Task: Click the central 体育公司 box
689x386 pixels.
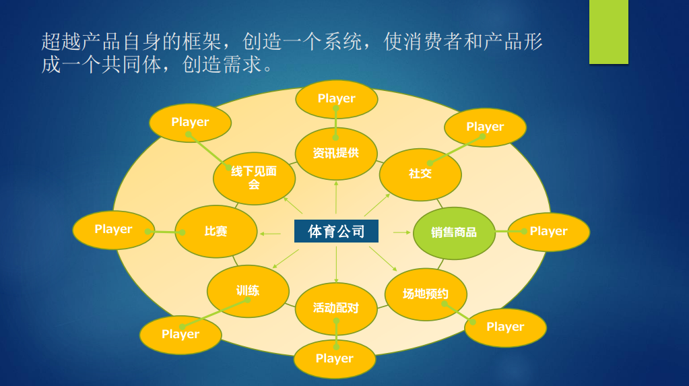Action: [x=336, y=231]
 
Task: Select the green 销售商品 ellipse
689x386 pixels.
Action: [x=454, y=232]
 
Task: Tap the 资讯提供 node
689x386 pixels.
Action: [x=336, y=153]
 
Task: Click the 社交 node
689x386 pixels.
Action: [x=420, y=174]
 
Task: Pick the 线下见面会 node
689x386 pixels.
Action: [x=254, y=178]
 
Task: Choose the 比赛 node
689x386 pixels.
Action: [x=216, y=231]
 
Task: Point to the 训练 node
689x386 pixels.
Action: [x=248, y=291]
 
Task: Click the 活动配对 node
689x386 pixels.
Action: [x=336, y=309]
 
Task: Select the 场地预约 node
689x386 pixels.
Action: [x=426, y=294]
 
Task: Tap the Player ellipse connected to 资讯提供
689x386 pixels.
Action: [x=336, y=98]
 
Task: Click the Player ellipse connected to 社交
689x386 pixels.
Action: [x=485, y=127]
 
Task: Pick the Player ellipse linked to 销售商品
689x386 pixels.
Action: [x=548, y=231]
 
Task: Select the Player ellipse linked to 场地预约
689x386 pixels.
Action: [x=505, y=327]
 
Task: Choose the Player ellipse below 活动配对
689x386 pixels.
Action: [x=335, y=359]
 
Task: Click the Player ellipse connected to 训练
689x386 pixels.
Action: [x=181, y=334]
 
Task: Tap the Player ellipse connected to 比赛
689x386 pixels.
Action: [x=113, y=229]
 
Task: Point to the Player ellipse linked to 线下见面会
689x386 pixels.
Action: [x=190, y=122]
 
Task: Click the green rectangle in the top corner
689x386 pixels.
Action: [x=608, y=32]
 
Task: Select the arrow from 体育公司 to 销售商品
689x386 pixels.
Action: [x=401, y=232]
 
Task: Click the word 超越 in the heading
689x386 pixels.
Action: [x=61, y=42]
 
